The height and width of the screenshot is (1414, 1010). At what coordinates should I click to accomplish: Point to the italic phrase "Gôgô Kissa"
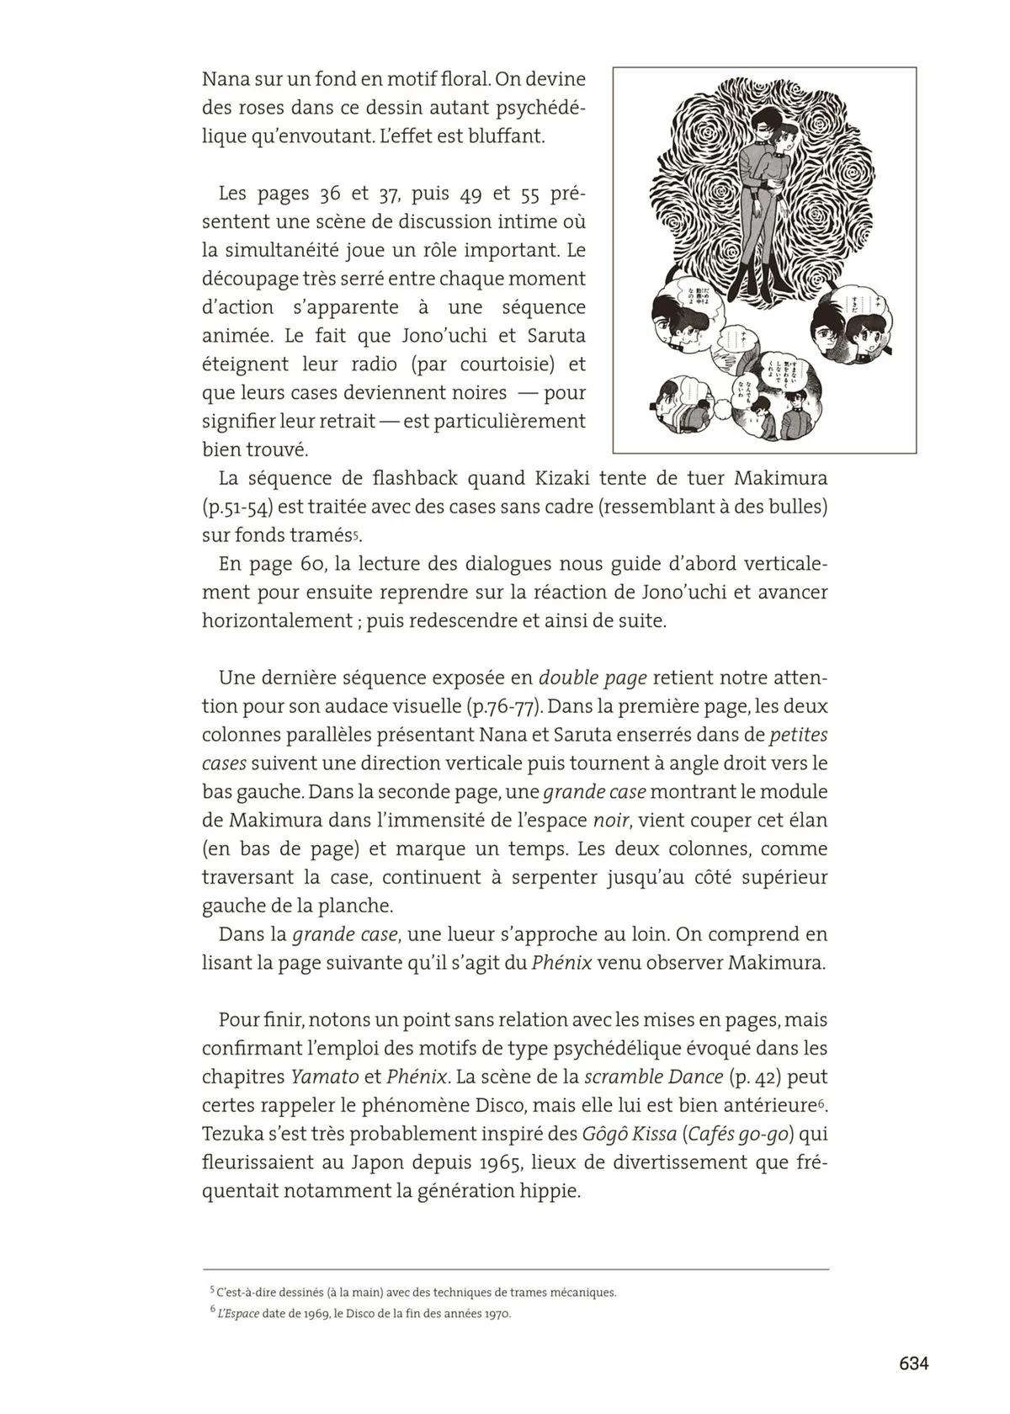pos(629,1134)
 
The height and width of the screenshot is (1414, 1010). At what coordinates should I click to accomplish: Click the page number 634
pos(913,1363)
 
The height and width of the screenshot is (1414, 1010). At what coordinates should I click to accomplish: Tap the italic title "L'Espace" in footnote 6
pos(237,1313)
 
